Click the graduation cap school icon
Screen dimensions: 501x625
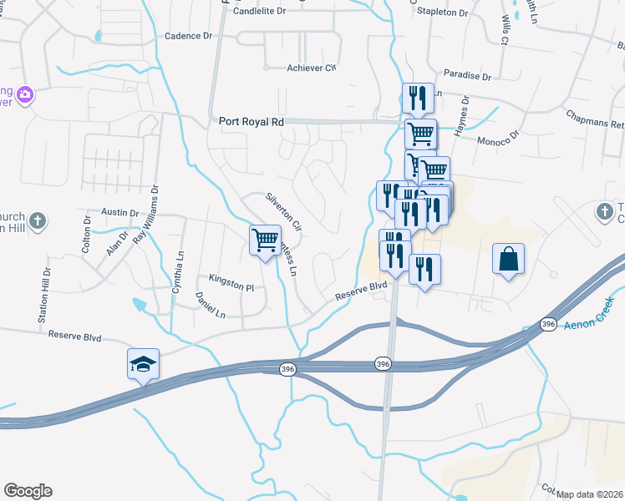pyautogui.click(x=144, y=364)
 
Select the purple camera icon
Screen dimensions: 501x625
pyautogui.click(x=26, y=95)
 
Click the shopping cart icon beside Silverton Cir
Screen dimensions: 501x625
pyautogui.click(x=265, y=240)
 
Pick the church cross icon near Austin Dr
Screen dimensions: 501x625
pyautogui.click(x=35, y=221)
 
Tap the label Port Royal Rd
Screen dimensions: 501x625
pyautogui.click(x=252, y=121)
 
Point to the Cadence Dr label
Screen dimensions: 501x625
pyautogui.click(x=189, y=36)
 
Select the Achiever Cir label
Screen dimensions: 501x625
pyautogui.click(x=311, y=68)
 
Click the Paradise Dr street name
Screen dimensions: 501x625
pyautogui.click(x=467, y=75)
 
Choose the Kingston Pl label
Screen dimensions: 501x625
pyautogui.click(x=231, y=286)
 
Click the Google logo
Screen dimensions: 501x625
pyautogui.click(x=28, y=491)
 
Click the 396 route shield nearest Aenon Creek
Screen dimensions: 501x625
pyautogui.click(x=548, y=323)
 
